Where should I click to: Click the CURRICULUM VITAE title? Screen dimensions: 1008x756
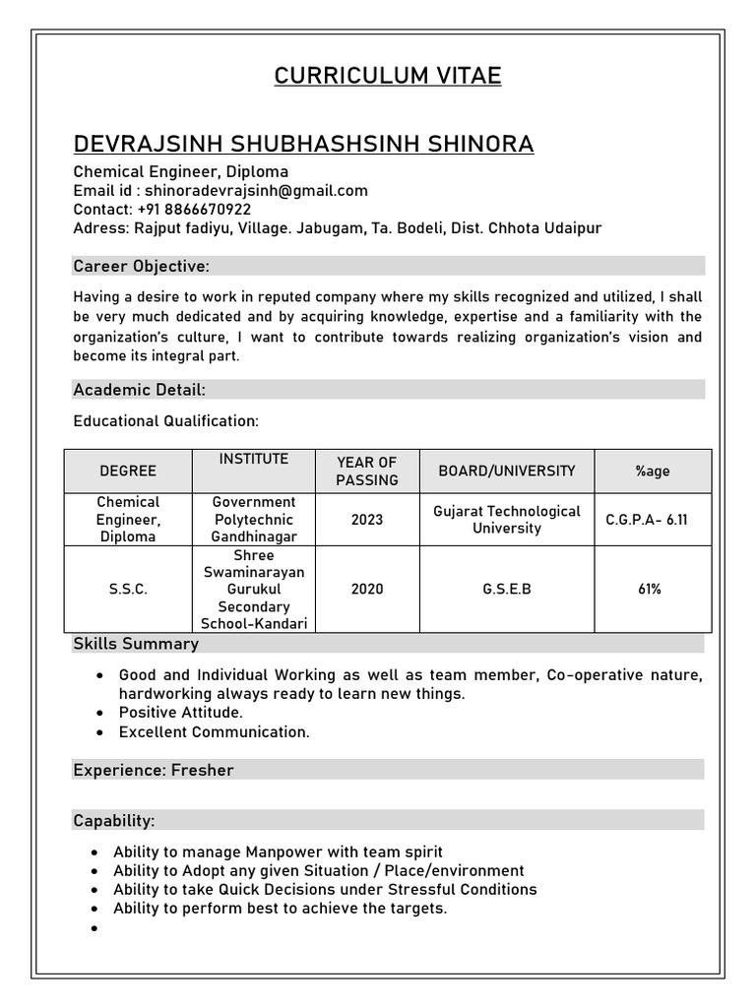click(387, 76)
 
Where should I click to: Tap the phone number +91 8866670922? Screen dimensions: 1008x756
click(194, 209)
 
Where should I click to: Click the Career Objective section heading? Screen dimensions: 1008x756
click(142, 266)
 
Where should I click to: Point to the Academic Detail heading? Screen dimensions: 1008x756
click(140, 390)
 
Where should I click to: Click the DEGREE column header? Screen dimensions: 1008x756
click(128, 471)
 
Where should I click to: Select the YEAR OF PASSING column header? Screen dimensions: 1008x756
click(366, 471)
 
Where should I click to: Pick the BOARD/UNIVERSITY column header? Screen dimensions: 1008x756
click(507, 471)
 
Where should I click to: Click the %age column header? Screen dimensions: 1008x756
click(653, 471)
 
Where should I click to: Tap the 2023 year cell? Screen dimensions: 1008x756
click(366, 519)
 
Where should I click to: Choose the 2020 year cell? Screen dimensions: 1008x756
click(366, 589)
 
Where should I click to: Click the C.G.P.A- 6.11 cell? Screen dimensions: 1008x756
click(647, 519)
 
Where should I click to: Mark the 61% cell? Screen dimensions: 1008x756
click(650, 589)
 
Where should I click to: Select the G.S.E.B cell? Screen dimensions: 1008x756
click(507, 589)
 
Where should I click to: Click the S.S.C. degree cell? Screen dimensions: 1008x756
click(128, 589)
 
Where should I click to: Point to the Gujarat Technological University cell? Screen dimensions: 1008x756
click(507, 519)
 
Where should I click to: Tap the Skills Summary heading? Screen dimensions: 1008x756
click(136, 644)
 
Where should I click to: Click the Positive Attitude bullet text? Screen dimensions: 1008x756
click(180, 712)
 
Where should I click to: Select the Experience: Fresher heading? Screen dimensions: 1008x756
click(154, 770)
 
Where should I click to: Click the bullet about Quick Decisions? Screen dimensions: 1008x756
click(325, 889)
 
